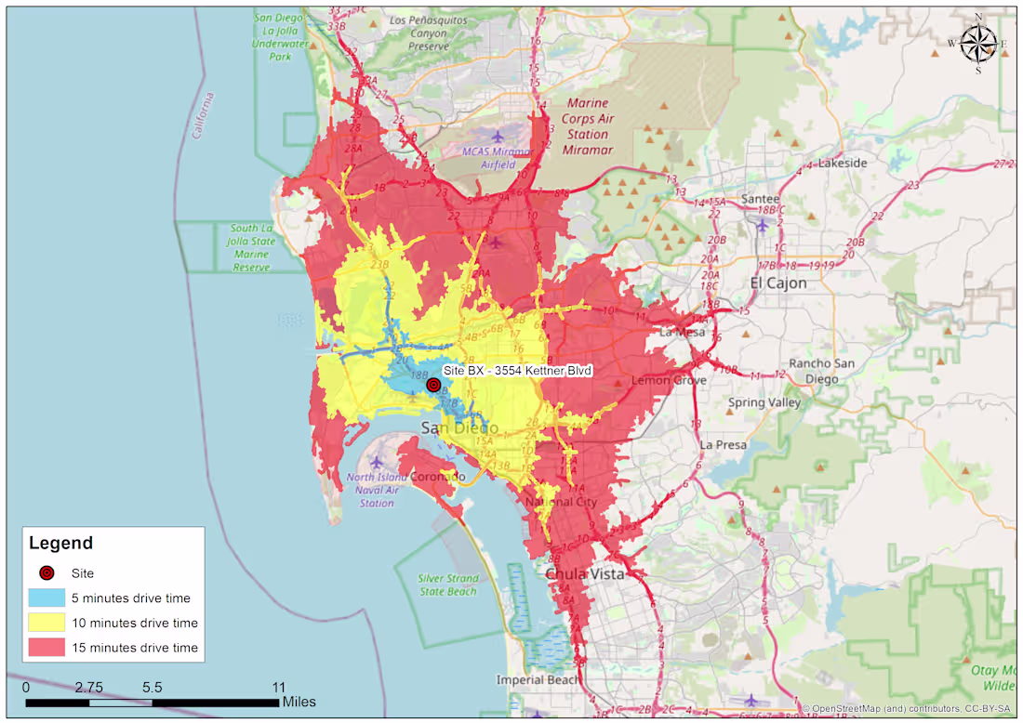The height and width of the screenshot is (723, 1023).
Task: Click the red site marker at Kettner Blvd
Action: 432,385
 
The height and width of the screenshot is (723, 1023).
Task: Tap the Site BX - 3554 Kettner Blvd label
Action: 517,371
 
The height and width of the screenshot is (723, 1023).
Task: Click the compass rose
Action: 978,43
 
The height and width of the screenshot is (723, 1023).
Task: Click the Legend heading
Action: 61,544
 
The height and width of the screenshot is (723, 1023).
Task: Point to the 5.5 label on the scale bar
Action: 153,688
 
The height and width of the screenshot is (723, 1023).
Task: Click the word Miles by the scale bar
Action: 299,702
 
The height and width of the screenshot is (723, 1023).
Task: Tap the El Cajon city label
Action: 779,283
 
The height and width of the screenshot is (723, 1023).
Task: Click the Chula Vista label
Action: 584,573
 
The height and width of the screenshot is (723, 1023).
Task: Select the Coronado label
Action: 437,477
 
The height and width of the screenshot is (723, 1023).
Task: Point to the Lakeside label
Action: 841,163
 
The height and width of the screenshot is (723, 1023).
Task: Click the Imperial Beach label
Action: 538,679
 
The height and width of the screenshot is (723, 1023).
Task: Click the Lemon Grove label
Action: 670,380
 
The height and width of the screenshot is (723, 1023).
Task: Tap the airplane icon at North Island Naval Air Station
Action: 377,462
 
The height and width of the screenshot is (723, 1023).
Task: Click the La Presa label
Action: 723,445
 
